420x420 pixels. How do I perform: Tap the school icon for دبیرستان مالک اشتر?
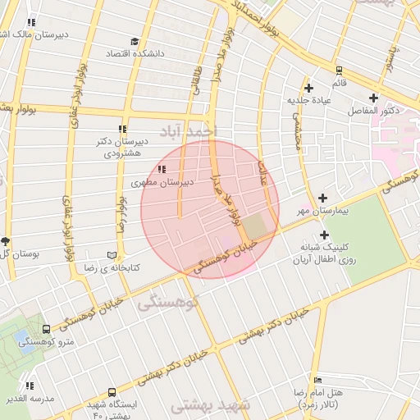pos(31,23)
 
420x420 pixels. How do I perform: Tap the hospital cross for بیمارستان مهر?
pos(322,198)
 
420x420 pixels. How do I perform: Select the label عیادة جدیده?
pos(308,100)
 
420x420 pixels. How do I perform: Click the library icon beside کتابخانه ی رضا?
pos(113,255)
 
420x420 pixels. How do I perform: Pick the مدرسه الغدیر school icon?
pos(30,386)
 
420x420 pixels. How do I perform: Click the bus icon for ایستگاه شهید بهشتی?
pos(112,393)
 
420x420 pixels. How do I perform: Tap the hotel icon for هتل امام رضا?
pos(319,380)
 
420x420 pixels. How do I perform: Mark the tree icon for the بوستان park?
pos(6,240)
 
